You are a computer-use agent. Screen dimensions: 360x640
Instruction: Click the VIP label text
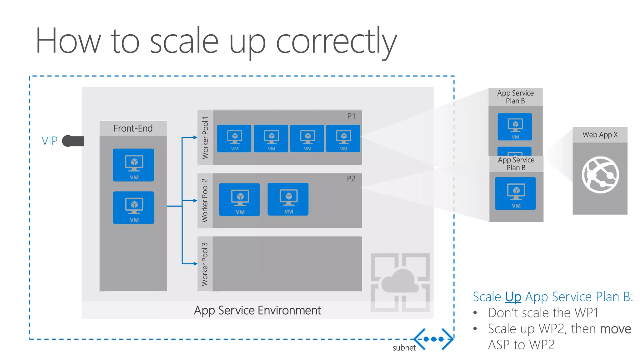(49, 141)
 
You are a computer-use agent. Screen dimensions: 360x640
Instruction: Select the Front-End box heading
(133, 128)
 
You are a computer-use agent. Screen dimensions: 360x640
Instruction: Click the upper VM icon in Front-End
(133, 165)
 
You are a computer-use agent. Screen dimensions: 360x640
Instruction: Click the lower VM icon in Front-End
(133, 207)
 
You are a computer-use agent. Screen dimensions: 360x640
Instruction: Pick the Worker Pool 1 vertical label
(205, 137)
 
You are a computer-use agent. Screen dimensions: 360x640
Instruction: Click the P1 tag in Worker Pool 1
(351, 116)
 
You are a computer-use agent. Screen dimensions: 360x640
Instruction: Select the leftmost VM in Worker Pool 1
(234, 138)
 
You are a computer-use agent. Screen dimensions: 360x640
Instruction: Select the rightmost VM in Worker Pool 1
(343, 138)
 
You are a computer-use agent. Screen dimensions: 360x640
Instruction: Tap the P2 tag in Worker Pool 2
(351, 179)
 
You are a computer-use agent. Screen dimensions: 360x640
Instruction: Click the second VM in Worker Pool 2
(288, 199)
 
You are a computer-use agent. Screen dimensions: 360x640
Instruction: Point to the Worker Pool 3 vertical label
(205, 264)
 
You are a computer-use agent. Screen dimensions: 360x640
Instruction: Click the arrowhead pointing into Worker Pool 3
(195, 264)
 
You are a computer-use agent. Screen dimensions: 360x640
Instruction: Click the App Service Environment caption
(257, 310)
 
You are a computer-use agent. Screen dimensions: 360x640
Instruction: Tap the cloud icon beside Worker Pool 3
(400, 281)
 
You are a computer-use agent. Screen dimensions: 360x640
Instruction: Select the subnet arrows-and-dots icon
(433, 339)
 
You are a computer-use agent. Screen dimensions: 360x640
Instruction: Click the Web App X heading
(600, 135)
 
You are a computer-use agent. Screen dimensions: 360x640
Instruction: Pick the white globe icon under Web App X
(600, 175)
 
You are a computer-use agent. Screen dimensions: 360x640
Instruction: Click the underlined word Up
(513, 297)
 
